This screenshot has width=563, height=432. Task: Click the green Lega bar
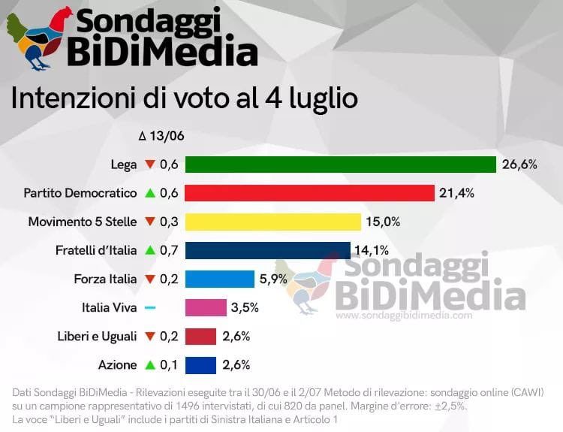coord(341,165)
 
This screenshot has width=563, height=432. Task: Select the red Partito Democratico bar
coord(309,193)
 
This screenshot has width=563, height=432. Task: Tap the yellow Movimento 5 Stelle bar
coord(273,222)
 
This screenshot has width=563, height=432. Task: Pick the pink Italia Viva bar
coord(206,307)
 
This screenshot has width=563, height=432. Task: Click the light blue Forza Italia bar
coord(220,279)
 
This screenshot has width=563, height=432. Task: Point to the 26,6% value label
coord(520,165)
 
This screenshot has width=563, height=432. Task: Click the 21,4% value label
coord(457,193)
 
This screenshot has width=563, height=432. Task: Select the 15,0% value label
coord(383,222)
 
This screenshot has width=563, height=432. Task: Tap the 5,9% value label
coord(274,279)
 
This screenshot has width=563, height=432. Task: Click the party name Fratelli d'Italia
coord(96,250)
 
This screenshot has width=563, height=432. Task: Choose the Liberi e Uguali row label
coord(97,336)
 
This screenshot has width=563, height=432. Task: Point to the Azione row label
coord(117,365)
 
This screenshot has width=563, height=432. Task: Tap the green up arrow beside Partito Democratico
coord(150,193)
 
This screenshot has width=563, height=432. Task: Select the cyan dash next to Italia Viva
coord(149,308)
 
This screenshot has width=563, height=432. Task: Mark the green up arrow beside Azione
coord(150,365)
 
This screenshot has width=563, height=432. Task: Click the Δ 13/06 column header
coord(161,136)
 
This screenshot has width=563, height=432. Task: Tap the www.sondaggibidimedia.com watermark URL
coord(404,316)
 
